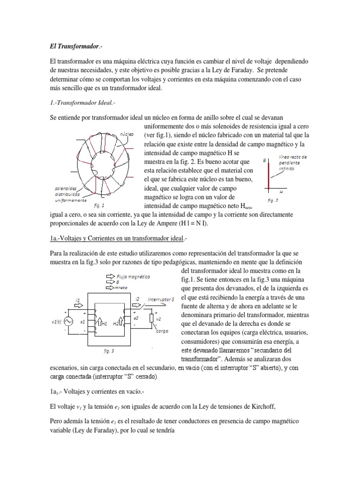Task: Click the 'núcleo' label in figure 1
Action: [x=127, y=134]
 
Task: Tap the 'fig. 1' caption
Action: [x=99, y=205]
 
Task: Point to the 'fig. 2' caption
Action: [x=273, y=200]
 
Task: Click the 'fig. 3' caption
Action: [x=109, y=350]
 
